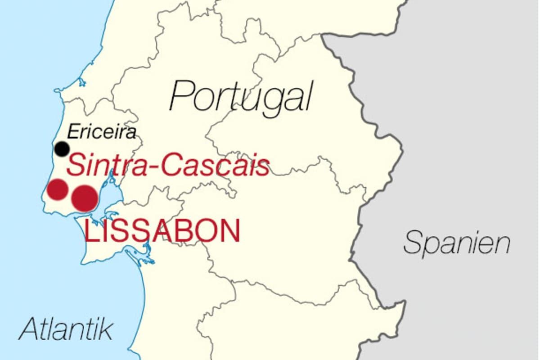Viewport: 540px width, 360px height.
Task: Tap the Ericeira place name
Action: tap(101, 132)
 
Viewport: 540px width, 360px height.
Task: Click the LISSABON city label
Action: tap(162, 231)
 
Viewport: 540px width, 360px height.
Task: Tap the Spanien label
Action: tap(457, 243)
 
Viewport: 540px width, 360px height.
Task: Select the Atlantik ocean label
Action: tap(66, 329)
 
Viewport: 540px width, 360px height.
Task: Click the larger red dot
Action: tap(85, 198)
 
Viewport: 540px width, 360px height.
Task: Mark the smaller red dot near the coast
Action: tap(58, 189)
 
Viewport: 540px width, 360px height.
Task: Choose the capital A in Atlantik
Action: tap(28, 329)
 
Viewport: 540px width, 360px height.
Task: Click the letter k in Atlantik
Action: tap(105, 329)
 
